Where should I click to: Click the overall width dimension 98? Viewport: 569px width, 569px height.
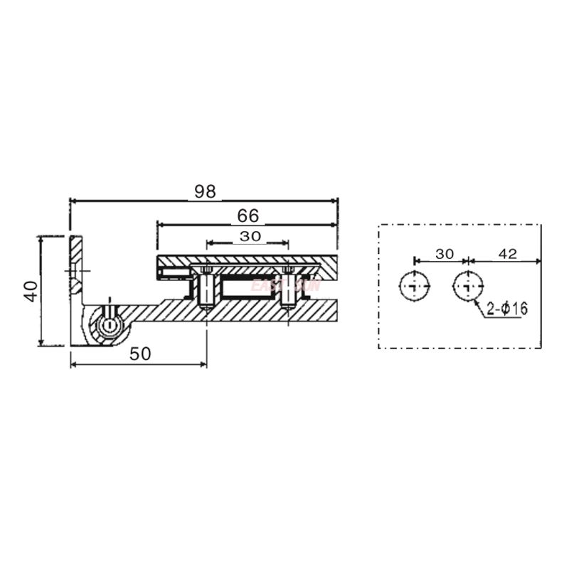click(204, 191)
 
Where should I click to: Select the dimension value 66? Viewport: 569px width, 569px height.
click(248, 215)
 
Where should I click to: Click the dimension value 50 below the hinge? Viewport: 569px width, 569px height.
click(140, 354)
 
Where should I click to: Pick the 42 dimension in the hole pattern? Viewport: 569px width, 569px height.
click(507, 254)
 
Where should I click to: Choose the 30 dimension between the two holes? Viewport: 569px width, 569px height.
click(444, 254)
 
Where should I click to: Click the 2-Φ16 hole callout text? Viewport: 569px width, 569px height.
click(507, 309)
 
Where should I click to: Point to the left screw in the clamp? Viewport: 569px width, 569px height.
click(206, 287)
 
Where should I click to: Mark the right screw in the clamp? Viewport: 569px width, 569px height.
click(288, 287)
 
